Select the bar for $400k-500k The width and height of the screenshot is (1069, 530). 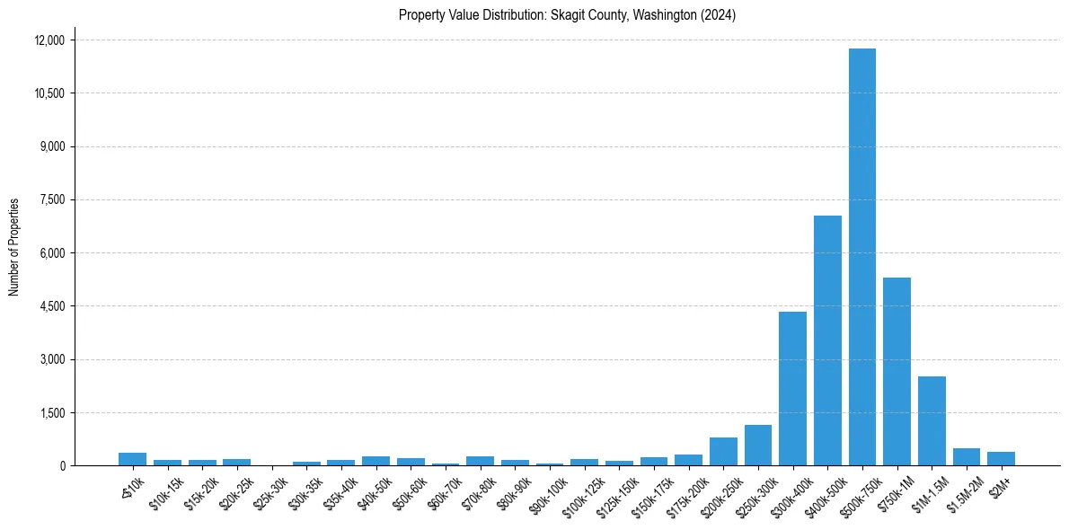pyautogui.click(x=827, y=341)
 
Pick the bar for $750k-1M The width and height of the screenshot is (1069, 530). pyautogui.click(x=897, y=372)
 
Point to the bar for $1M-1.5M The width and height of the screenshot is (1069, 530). pyautogui.click(x=932, y=421)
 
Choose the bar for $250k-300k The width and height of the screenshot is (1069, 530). pyautogui.click(x=757, y=446)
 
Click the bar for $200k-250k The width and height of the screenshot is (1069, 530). pyautogui.click(x=723, y=452)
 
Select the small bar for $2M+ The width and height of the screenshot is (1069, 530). pyautogui.click(x=1001, y=459)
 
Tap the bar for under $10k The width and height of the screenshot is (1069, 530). pyautogui.click(x=132, y=459)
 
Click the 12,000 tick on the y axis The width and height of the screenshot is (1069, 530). pyautogui.click(x=49, y=40)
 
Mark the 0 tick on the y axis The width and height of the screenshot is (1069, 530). pyautogui.click(x=63, y=466)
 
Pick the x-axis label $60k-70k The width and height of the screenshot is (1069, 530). pyautogui.click(x=445, y=490)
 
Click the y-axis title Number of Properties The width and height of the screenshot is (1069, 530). pyautogui.click(x=13, y=247)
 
